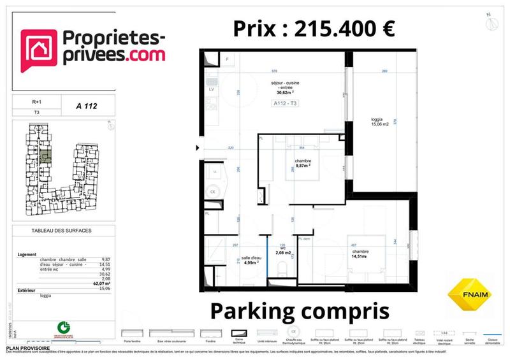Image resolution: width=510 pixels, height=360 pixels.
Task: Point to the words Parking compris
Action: (x=299, y=312)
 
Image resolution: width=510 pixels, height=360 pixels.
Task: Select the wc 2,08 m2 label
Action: (x=283, y=252)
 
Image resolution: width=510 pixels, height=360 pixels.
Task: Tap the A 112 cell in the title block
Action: (x=86, y=100)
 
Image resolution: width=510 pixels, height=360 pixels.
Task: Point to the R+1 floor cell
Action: (x=37, y=101)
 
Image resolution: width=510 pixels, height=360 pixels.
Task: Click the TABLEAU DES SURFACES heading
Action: (x=61, y=230)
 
